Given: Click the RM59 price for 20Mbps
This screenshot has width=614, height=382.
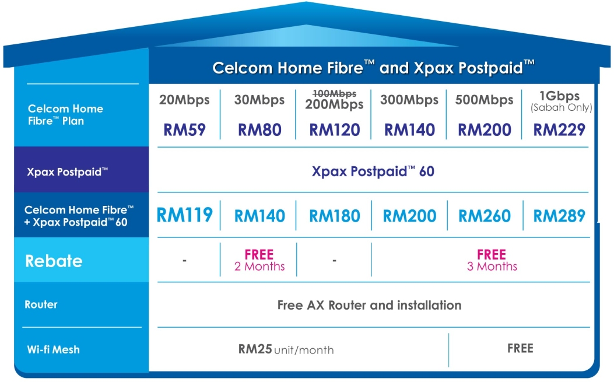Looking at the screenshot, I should pos(184,129).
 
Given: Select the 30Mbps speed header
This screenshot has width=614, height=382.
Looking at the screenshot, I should pos(259,100).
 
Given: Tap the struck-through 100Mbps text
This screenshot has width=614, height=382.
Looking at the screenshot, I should pos(334,93).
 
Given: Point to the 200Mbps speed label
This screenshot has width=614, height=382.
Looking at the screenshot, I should pos(334,105).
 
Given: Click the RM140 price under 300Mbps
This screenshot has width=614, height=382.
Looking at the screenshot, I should pos(409,129).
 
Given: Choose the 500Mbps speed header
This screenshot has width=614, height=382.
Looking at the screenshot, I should pos(484,100).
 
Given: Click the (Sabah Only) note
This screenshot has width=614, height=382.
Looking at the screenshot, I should pos(560,107).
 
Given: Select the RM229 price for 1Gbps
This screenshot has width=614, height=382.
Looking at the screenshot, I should pos(559,129).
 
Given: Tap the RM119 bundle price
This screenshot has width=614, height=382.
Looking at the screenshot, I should pos(184,215).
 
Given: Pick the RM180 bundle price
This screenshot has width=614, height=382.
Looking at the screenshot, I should pos(334,216).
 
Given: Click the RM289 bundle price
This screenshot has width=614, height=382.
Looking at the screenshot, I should pos(559,216).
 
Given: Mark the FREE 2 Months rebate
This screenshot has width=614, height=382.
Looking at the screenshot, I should pos(259,260).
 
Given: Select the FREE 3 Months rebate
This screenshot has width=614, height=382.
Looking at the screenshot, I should pos(491,260).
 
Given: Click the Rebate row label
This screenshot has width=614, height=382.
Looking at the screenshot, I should pos(54,261).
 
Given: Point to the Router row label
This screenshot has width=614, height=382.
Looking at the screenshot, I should pos(41,304).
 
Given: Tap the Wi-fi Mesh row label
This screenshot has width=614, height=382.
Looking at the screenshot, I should pos(53,350).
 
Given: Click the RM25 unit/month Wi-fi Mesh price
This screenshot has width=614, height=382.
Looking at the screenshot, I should pos(286,349).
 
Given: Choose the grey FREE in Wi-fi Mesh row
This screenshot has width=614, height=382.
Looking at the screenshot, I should pos(520,348).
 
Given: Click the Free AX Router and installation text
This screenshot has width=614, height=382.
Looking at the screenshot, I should pos(369,305).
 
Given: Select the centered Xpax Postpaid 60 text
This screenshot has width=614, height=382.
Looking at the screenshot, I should pos(373,171).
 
